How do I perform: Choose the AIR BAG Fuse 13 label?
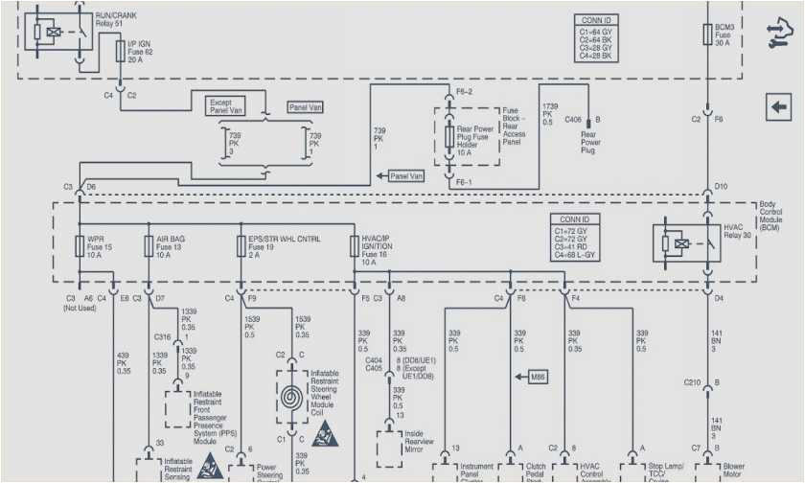coord(172,246)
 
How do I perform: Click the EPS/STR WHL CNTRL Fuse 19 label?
coord(284,246)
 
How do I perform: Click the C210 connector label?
coord(692,382)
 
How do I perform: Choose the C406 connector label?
coord(572,120)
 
